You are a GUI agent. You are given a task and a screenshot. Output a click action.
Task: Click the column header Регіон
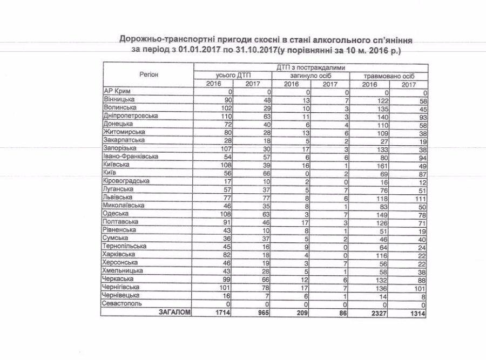coord(147,75)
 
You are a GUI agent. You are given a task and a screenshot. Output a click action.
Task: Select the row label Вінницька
coord(119,99)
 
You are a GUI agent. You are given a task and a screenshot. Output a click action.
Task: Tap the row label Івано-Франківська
coord(130,157)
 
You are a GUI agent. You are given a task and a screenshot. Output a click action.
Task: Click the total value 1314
coord(415,312)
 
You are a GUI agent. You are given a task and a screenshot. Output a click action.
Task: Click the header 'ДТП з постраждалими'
coord(310,67)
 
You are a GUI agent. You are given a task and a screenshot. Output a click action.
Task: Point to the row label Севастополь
coord(123,304)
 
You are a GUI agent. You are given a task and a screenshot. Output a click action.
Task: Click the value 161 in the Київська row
coord(382,164)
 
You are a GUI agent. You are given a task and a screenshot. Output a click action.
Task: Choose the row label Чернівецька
coord(122,296)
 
